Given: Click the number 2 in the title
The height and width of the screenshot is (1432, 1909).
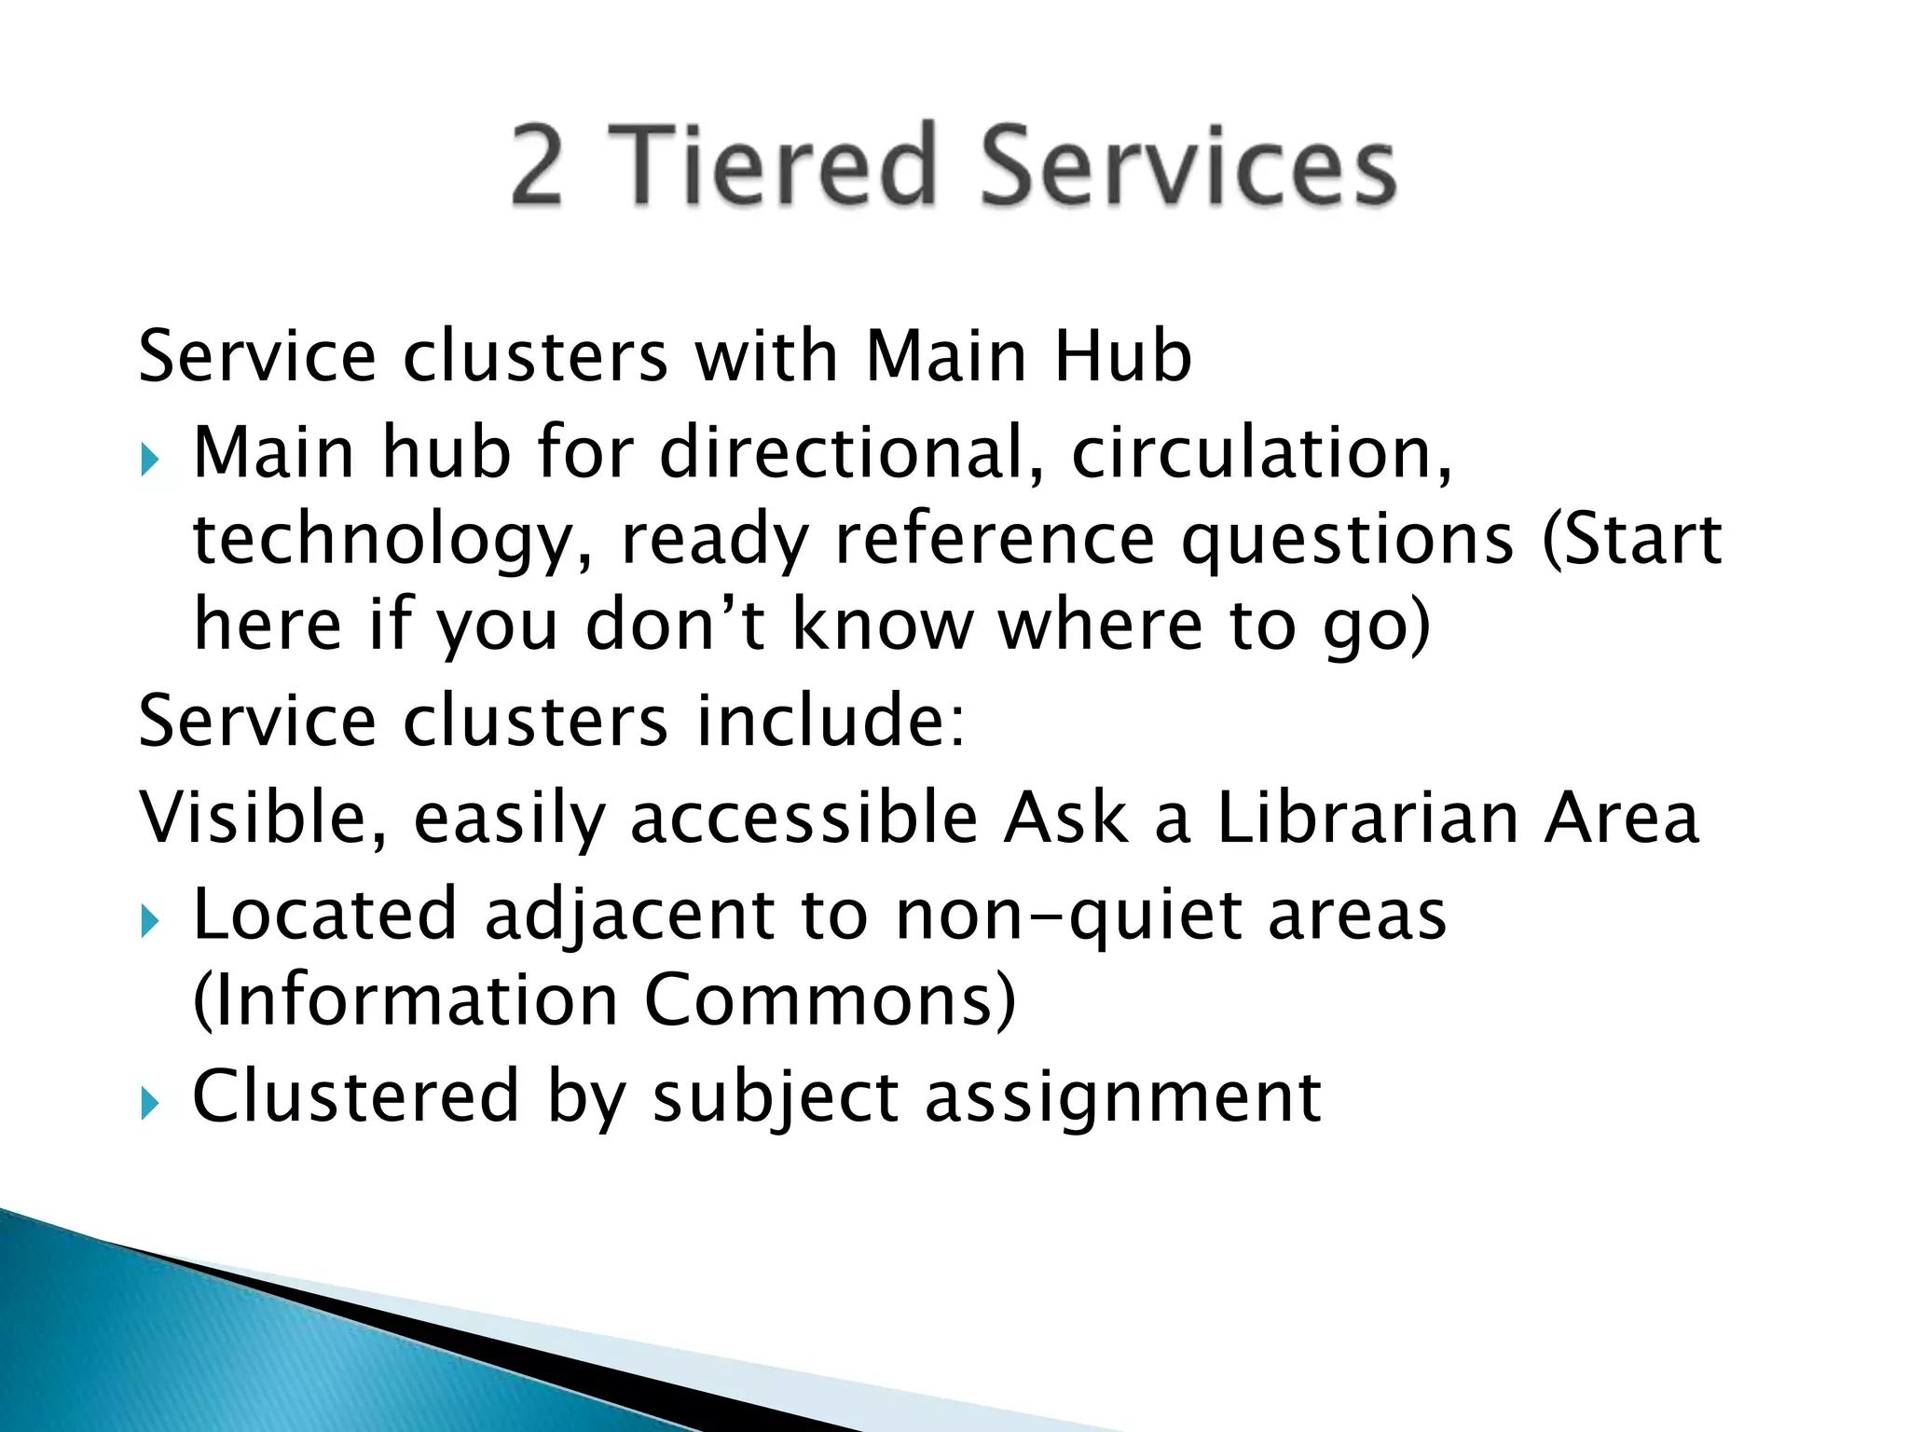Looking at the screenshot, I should (x=538, y=165).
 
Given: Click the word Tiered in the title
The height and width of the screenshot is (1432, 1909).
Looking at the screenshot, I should (x=773, y=165).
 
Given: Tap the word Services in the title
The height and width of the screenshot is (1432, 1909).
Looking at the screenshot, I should (x=1188, y=165).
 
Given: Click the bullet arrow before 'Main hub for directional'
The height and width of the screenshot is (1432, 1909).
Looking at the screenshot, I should (x=150, y=459).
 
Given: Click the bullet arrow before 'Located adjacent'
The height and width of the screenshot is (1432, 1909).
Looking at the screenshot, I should (x=150, y=923).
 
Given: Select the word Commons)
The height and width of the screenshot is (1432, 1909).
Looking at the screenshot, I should (x=830, y=1000).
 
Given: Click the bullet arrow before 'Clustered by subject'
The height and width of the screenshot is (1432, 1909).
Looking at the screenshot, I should (x=150, y=1104).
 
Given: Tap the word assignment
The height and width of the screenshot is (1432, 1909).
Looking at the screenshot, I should (x=1122, y=1097).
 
